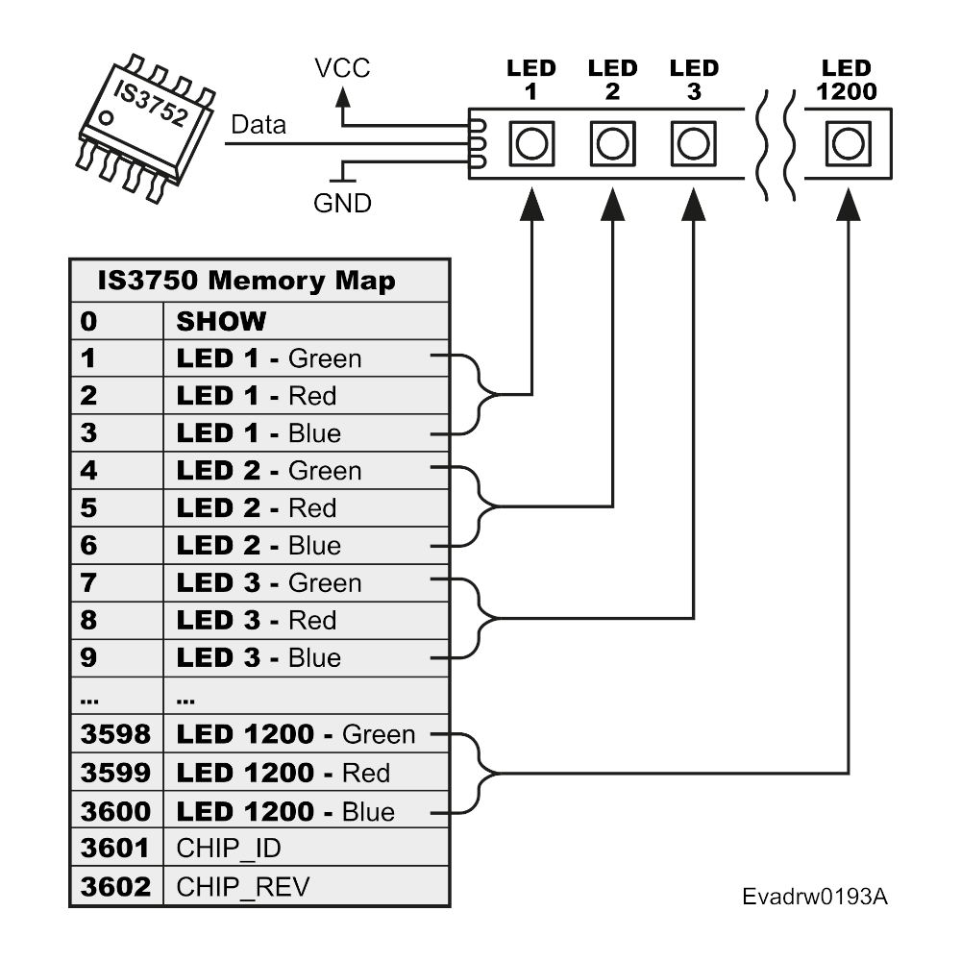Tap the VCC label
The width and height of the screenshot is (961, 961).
[342, 68]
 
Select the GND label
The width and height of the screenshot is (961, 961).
[342, 203]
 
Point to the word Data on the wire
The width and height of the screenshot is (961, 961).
[259, 126]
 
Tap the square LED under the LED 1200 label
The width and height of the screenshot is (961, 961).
[847, 144]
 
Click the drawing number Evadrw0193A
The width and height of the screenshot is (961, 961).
[815, 897]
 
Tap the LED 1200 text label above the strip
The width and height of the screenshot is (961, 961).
[847, 81]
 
